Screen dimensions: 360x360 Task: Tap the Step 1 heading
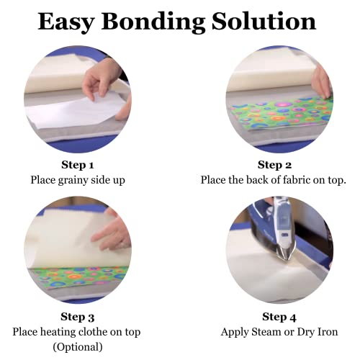tap(78, 165)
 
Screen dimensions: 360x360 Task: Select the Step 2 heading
tap(279, 165)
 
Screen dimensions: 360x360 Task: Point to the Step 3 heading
tap(78, 317)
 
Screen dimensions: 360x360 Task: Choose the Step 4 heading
tap(279, 317)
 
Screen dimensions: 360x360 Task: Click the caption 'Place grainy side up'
tap(78, 180)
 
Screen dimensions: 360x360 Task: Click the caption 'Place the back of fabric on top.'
tap(279, 180)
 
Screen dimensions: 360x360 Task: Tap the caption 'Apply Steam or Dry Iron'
tap(279, 332)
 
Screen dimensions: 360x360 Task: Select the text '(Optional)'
tap(78, 347)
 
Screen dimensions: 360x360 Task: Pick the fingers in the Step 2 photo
tap(321, 83)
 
